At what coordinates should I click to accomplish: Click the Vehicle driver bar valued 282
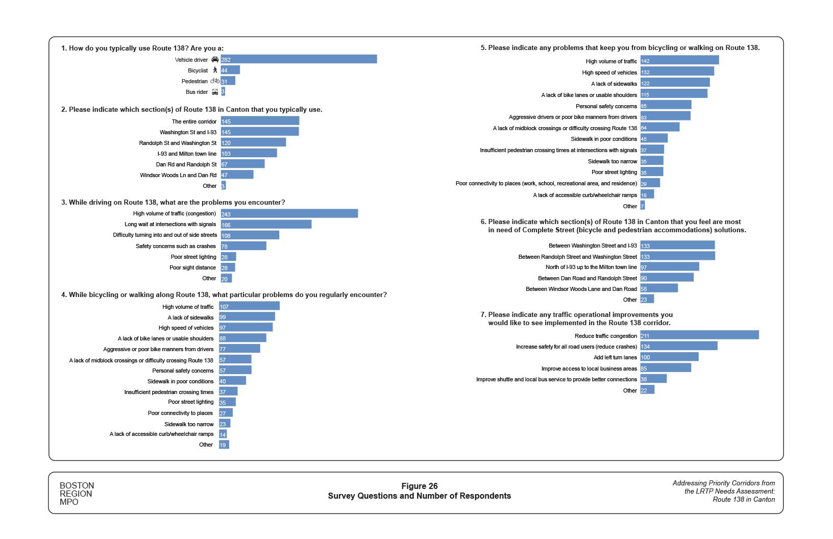tap(299, 59)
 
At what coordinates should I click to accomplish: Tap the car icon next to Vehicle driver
tap(215, 59)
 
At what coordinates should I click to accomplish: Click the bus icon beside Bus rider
tap(215, 92)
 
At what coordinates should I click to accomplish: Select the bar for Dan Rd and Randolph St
tap(242, 164)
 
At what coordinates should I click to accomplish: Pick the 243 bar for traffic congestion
tap(289, 213)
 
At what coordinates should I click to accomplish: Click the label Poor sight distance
tap(192, 267)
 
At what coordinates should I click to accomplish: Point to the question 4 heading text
tap(224, 295)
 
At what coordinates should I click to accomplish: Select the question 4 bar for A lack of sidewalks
tap(247, 317)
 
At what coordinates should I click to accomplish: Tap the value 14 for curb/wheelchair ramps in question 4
tap(223, 435)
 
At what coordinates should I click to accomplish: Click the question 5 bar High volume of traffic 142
tap(679, 60)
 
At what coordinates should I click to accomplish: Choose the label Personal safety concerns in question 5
tap(606, 106)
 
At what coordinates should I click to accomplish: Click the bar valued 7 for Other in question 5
tap(643, 206)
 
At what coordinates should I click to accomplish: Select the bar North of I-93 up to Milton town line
tap(670, 267)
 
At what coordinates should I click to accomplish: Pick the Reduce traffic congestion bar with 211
tap(699, 335)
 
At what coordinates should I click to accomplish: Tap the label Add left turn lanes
tap(615, 357)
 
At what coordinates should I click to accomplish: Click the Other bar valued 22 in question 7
tap(647, 390)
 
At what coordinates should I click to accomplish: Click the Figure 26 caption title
tap(419, 486)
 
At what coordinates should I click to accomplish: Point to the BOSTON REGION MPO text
tap(77, 494)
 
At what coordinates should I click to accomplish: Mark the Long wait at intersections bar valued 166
tap(266, 224)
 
